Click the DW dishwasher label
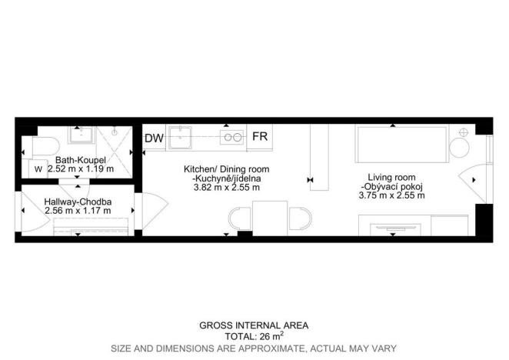pos(154,138)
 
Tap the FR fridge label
pos(260,136)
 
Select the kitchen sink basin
pos(179,138)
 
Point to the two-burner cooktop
pos(232,137)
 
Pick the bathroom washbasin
pos(82,135)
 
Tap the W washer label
pos(38,169)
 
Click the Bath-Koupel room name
pos(81,160)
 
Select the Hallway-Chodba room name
pos(78,202)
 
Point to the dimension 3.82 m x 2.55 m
pos(227,188)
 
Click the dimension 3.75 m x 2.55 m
pos(392,195)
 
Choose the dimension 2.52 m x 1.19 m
pos(81,168)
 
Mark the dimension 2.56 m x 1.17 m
pos(78,211)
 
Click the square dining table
pos(270,218)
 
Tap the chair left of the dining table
pos(241,218)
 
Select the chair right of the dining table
pos(300,218)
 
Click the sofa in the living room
pos(402,144)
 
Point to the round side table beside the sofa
pos(459,148)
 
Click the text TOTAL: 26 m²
pos(254,336)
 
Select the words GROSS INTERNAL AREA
pos(254,325)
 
